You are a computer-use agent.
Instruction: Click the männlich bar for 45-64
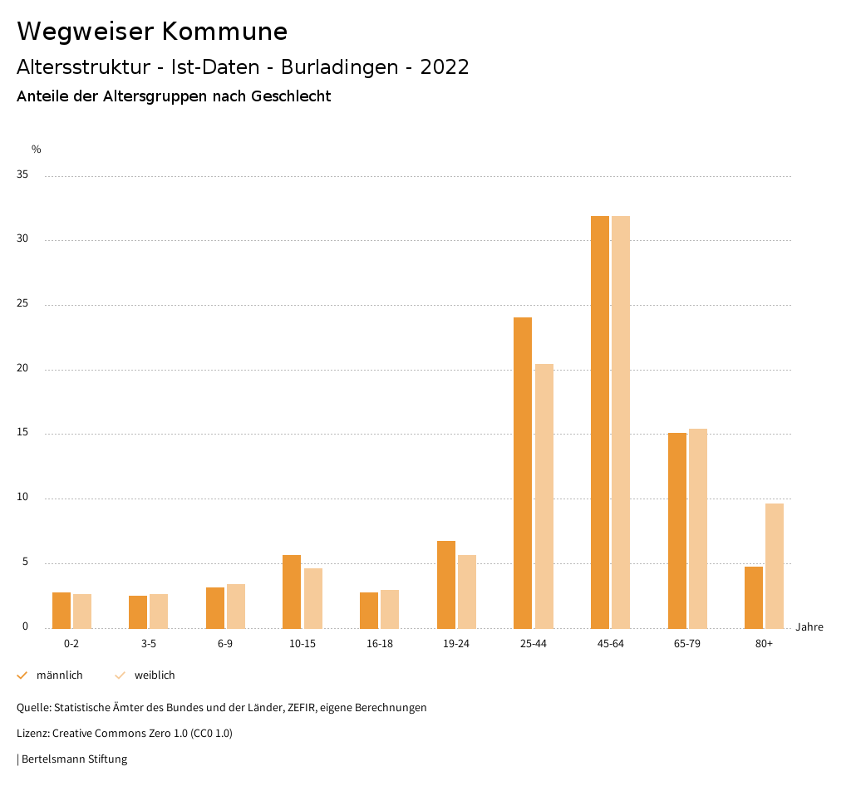pyautogui.click(x=600, y=422)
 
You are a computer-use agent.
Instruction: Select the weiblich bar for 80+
pyautogui.click(x=775, y=566)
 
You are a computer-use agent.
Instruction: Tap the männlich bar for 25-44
pyautogui.click(x=523, y=473)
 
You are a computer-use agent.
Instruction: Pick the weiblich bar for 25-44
pyautogui.click(x=544, y=496)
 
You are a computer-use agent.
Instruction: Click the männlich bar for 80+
pyautogui.click(x=754, y=597)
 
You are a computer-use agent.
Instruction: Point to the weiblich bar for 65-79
pyautogui.click(x=698, y=528)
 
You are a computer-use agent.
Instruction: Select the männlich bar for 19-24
pyautogui.click(x=446, y=585)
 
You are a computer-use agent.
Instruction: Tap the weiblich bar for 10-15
pyautogui.click(x=313, y=598)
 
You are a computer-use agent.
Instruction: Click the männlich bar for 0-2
pyautogui.click(x=61, y=611)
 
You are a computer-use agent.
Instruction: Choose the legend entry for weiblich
pyautogui.click(x=155, y=675)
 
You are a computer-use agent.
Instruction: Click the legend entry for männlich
pyautogui.click(x=59, y=675)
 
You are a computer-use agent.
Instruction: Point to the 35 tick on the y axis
pyautogui.click(x=22, y=175)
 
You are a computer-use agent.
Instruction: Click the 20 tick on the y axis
pyautogui.click(x=22, y=369)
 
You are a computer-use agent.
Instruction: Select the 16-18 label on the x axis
pyautogui.click(x=379, y=644)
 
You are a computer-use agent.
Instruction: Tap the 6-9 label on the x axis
pyautogui.click(x=225, y=644)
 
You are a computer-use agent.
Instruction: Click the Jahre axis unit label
pyautogui.click(x=809, y=627)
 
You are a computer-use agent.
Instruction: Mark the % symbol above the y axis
pyautogui.click(x=36, y=150)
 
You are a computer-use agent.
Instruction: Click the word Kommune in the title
pyautogui.click(x=224, y=32)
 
